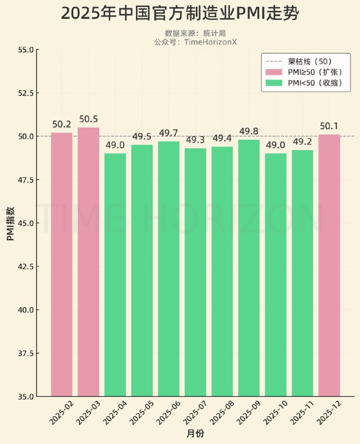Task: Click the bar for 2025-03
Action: [x=88, y=261]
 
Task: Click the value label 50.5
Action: [x=88, y=119]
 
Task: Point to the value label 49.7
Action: [x=169, y=133]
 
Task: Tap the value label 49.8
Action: [x=249, y=132]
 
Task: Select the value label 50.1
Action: [x=329, y=127]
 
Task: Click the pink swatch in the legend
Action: [x=274, y=72]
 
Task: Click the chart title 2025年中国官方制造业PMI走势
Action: [x=180, y=14]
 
